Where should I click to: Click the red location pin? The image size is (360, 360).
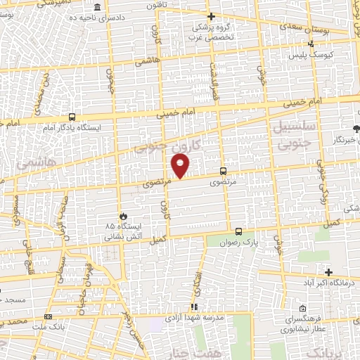click(181, 167)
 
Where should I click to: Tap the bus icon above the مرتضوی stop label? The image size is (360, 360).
click(223, 171)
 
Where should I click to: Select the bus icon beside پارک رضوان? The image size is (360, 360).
click(238, 231)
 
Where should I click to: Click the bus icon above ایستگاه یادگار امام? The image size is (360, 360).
click(72, 117)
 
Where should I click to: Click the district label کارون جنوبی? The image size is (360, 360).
click(169, 146)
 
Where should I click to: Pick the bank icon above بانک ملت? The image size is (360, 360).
click(48, 316)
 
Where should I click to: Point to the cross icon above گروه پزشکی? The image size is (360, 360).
click(212, 15)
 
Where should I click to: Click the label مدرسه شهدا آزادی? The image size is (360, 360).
click(194, 317)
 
